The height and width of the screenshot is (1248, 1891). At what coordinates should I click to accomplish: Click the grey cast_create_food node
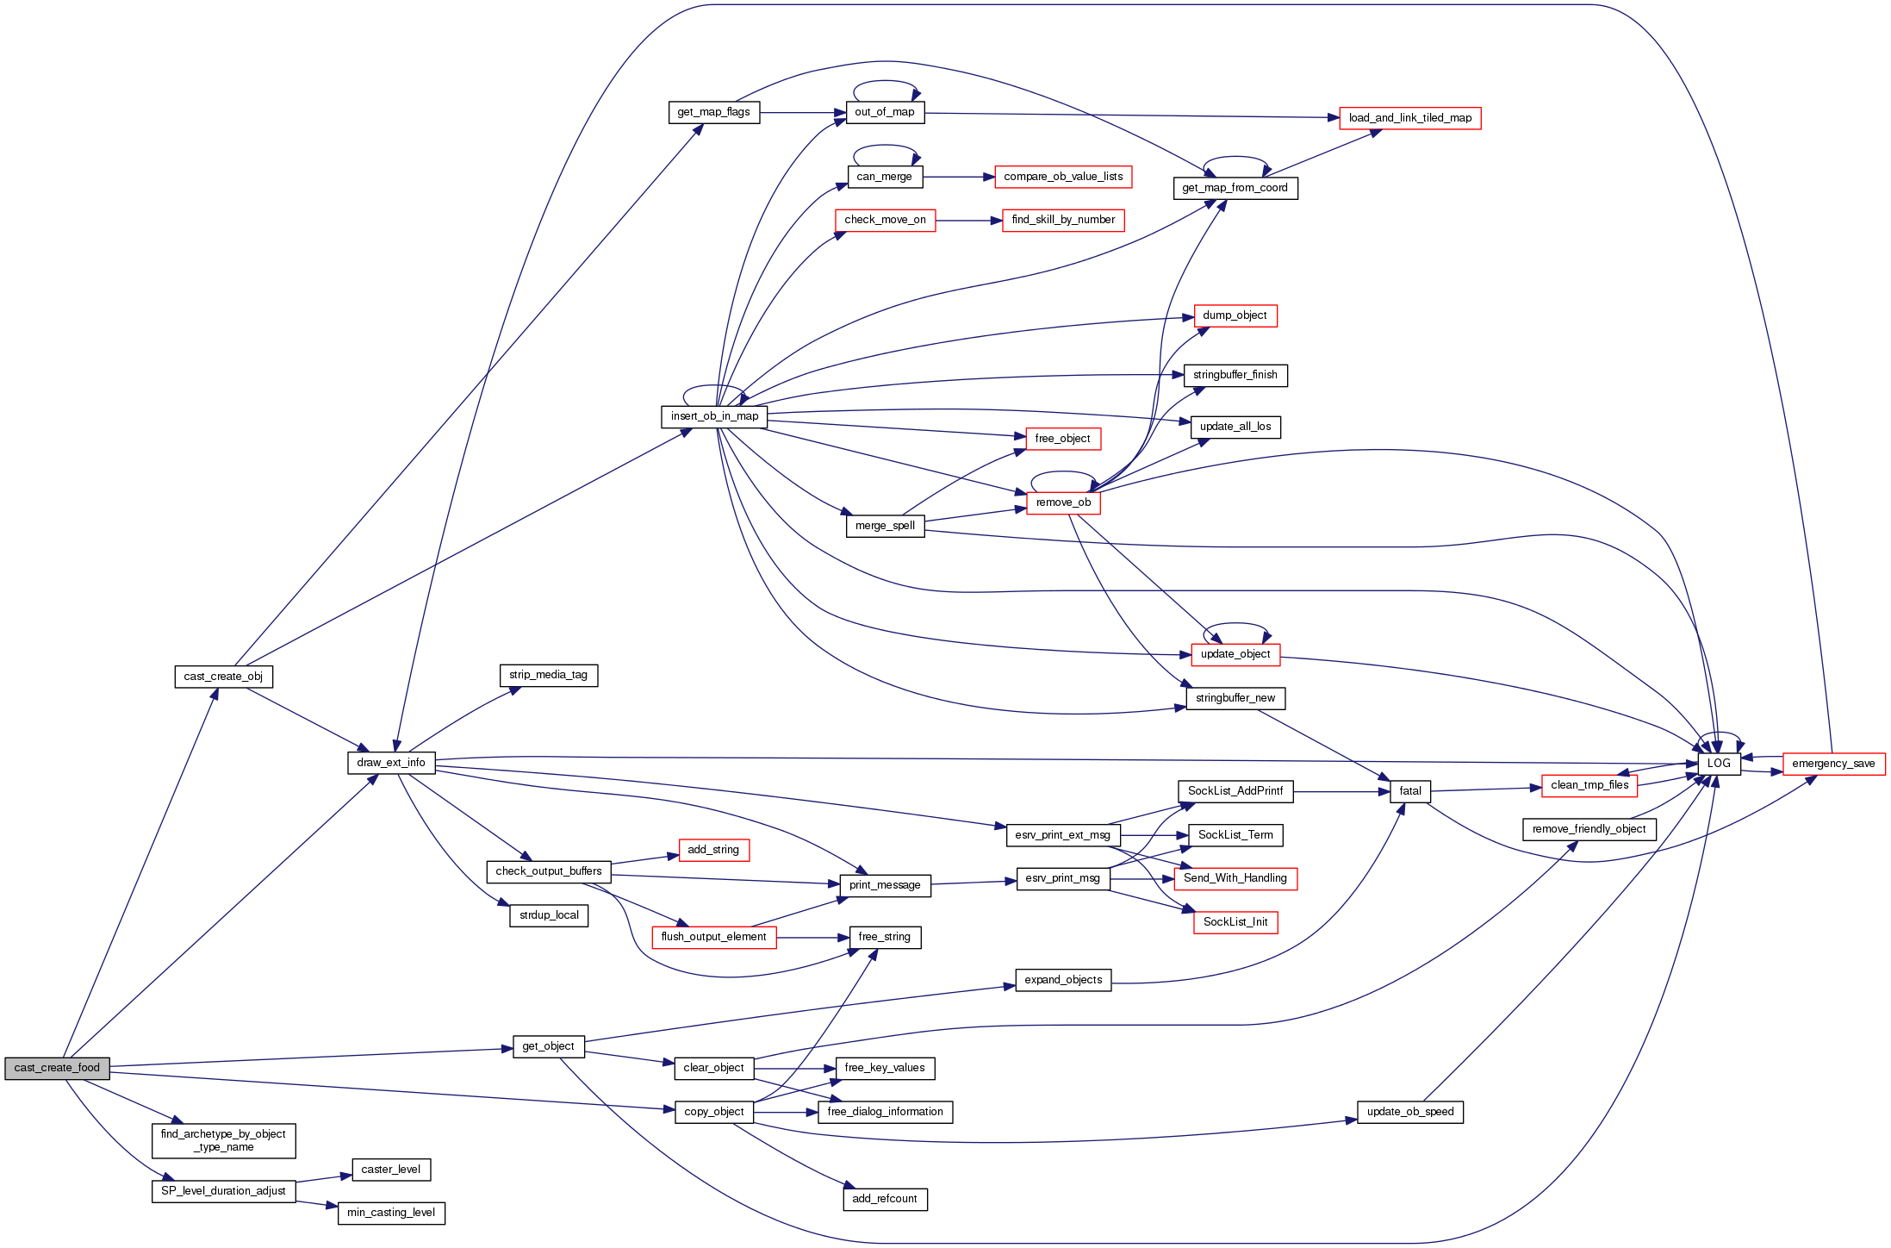click(57, 1068)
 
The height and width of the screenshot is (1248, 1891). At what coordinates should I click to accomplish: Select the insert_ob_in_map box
click(714, 416)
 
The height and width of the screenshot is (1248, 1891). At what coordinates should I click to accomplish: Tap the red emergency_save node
click(1833, 764)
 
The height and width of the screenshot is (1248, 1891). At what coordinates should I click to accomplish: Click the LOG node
click(1719, 764)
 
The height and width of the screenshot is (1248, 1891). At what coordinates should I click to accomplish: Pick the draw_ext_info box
click(391, 763)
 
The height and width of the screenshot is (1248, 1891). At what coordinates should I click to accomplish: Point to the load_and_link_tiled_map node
click(1409, 118)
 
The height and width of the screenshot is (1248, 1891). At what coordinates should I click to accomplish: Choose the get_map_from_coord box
click(1235, 188)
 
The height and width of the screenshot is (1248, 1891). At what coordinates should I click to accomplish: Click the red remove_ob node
click(1063, 502)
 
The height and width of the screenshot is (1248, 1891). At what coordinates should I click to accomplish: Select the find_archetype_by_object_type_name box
click(223, 1140)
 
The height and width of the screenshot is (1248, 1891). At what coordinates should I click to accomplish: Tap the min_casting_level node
click(391, 1213)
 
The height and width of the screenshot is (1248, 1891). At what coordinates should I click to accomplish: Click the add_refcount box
click(884, 1199)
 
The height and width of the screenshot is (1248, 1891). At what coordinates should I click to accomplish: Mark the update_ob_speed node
click(1409, 1112)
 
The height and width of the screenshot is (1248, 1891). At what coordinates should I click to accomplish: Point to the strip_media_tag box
click(548, 675)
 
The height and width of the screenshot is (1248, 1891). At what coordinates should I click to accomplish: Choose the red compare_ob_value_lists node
click(1063, 177)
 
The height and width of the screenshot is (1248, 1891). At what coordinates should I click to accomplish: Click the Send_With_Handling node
click(1235, 878)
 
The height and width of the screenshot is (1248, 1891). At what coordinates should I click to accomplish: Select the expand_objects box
click(1063, 980)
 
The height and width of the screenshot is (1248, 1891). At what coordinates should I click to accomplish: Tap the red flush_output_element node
click(713, 937)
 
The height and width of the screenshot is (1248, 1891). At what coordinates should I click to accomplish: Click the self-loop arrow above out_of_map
click(885, 83)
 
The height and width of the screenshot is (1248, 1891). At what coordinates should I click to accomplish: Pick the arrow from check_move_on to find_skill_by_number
click(968, 221)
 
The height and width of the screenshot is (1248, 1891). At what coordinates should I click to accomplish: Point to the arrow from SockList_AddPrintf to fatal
click(1341, 791)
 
